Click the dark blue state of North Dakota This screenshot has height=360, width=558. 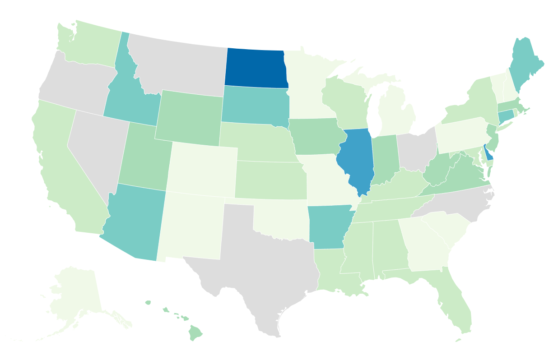pos(255,68)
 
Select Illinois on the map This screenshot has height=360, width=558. pos(357,158)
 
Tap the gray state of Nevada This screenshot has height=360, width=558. pos(95,144)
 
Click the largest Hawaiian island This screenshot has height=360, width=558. pos(195,333)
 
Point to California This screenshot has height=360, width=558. pos(59,171)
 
